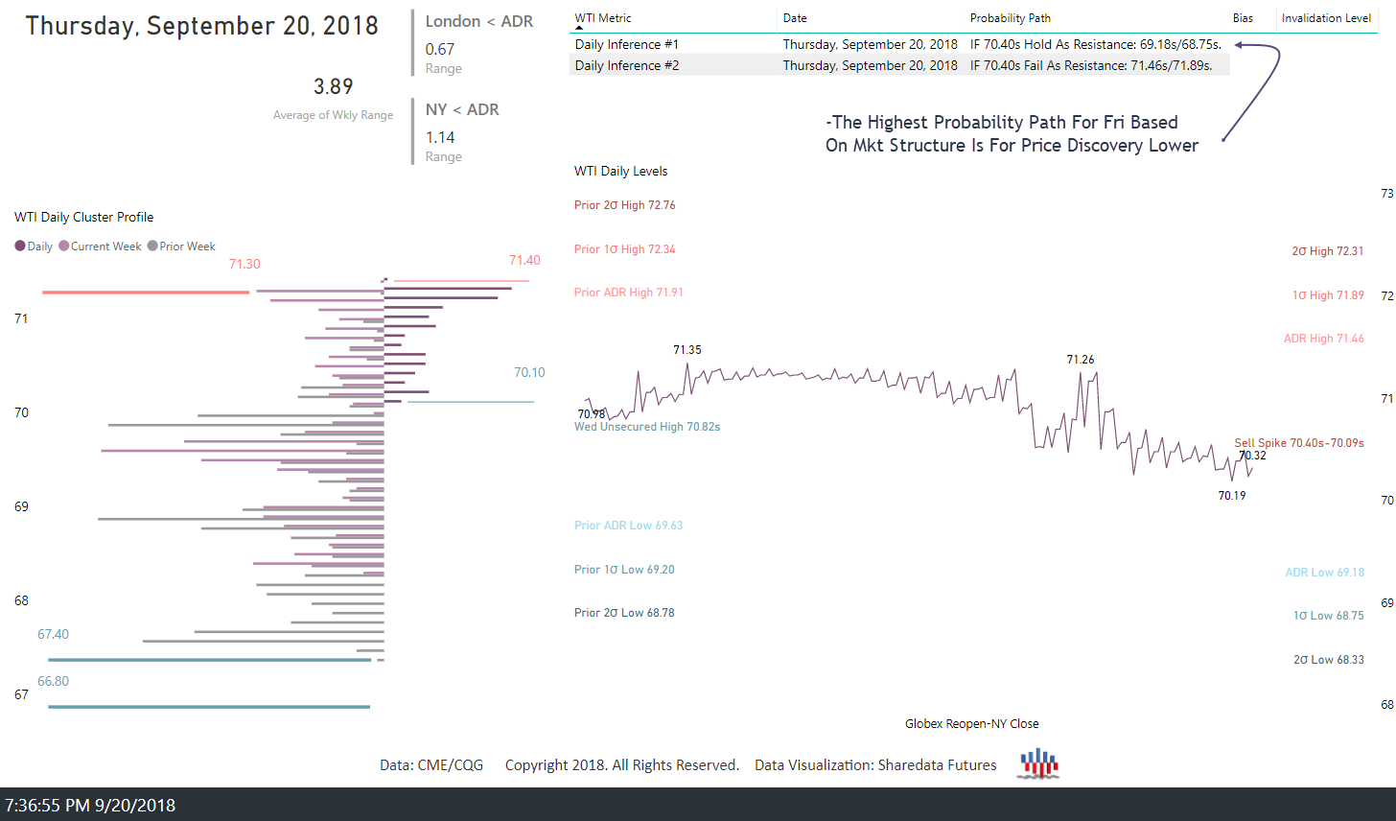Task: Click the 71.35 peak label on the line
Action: coord(686,350)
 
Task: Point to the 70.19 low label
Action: coord(1232,496)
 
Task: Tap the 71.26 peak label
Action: coord(1081,360)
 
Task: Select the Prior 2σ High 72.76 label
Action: coord(624,205)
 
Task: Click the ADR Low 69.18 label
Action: coord(1324,573)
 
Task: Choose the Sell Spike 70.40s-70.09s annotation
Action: coord(1298,444)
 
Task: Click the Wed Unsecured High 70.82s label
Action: coord(646,427)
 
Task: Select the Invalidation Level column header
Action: coord(1326,18)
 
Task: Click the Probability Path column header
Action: coord(1011,18)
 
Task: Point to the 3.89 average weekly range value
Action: coord(333,86)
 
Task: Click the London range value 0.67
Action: coord(440,49)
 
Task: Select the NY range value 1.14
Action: coord(440,137)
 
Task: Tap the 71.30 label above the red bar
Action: coord(244,264)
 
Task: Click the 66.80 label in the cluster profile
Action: coord(53,682)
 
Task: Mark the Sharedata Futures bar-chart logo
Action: coord(1039,763)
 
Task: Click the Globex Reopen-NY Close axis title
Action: coord(971,724)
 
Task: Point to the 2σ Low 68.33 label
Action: coord(1328,660)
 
